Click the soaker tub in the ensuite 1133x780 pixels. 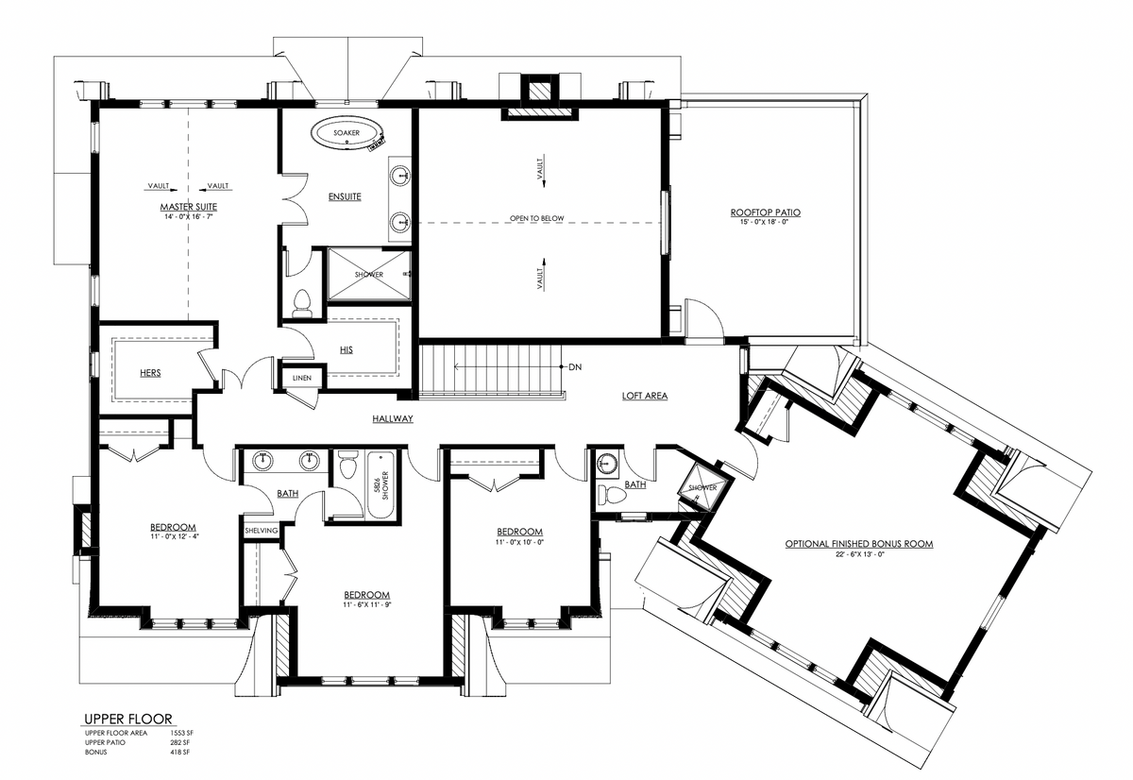click(346, 134)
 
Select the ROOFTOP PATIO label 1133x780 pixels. click(765, 212)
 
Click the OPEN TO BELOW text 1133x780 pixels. click(536, 218)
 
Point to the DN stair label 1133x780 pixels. click(575, 366)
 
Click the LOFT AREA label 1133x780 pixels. click(644, 396)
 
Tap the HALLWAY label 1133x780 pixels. click(392, 418)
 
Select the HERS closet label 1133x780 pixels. click(149, 373)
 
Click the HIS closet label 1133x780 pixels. click(347, 350)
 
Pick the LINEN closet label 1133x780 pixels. click(302, 379)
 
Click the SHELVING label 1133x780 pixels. click(261, 531)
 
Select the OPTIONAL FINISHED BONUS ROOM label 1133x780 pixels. click(858, 544)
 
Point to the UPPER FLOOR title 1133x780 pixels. click(127, 719)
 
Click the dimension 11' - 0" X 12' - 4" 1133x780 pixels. click(173, 536)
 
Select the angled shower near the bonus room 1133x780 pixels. click(704, 486)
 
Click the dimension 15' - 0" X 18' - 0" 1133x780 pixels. click(765, 223)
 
